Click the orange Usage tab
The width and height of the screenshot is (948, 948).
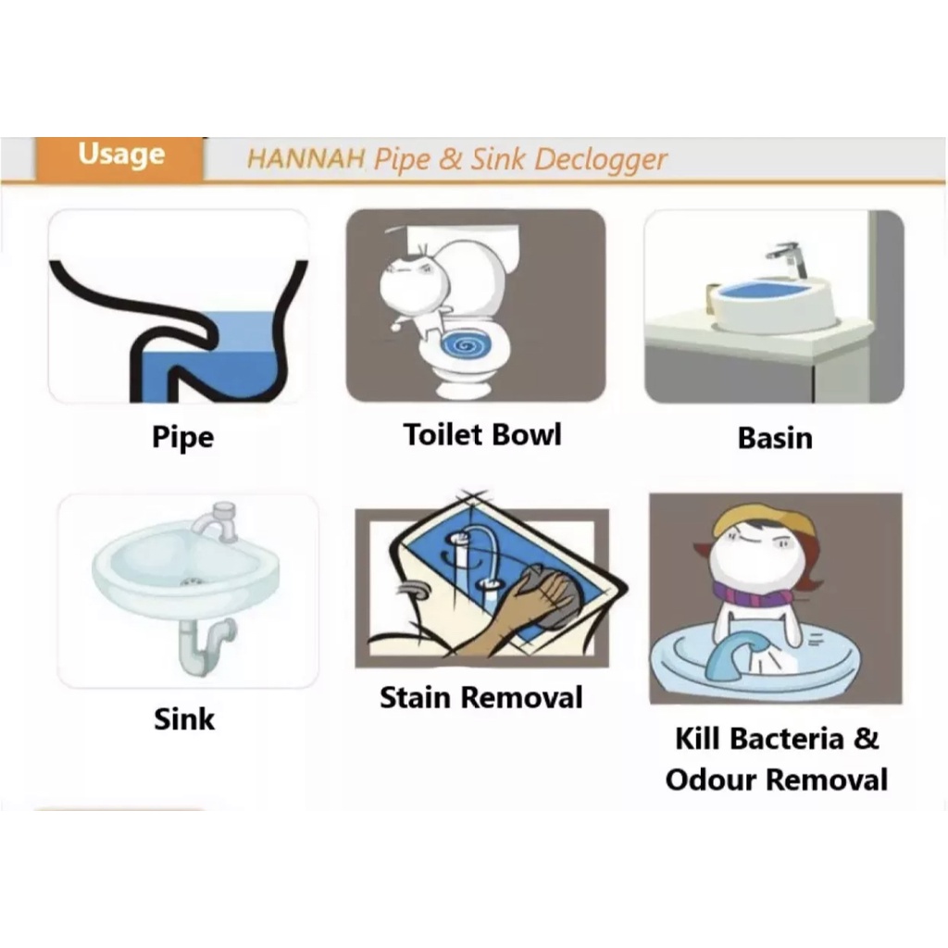click(x=119, y=157)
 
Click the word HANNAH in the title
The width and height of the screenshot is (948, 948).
click(x=306, y=159)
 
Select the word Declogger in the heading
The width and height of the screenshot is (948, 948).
click(x=600, y=161)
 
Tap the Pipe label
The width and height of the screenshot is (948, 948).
click(x=182, y=437)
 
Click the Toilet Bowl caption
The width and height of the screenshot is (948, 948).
click(x=482, y=434)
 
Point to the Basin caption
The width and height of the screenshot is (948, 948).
click(x=775, y=438)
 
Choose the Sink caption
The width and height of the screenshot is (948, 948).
click(x=184, y=718)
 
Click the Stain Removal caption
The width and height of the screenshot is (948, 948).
click(x=481, y=697)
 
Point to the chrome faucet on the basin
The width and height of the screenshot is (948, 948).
click(x=790, y=258)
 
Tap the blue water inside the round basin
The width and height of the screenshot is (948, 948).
click(x=766, y=289)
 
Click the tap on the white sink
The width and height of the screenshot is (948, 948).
click(x=217, y=522)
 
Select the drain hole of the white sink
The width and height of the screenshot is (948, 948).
click(x=192, y=582)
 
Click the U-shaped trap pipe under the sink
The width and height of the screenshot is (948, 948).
click(x=206, y=647)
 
